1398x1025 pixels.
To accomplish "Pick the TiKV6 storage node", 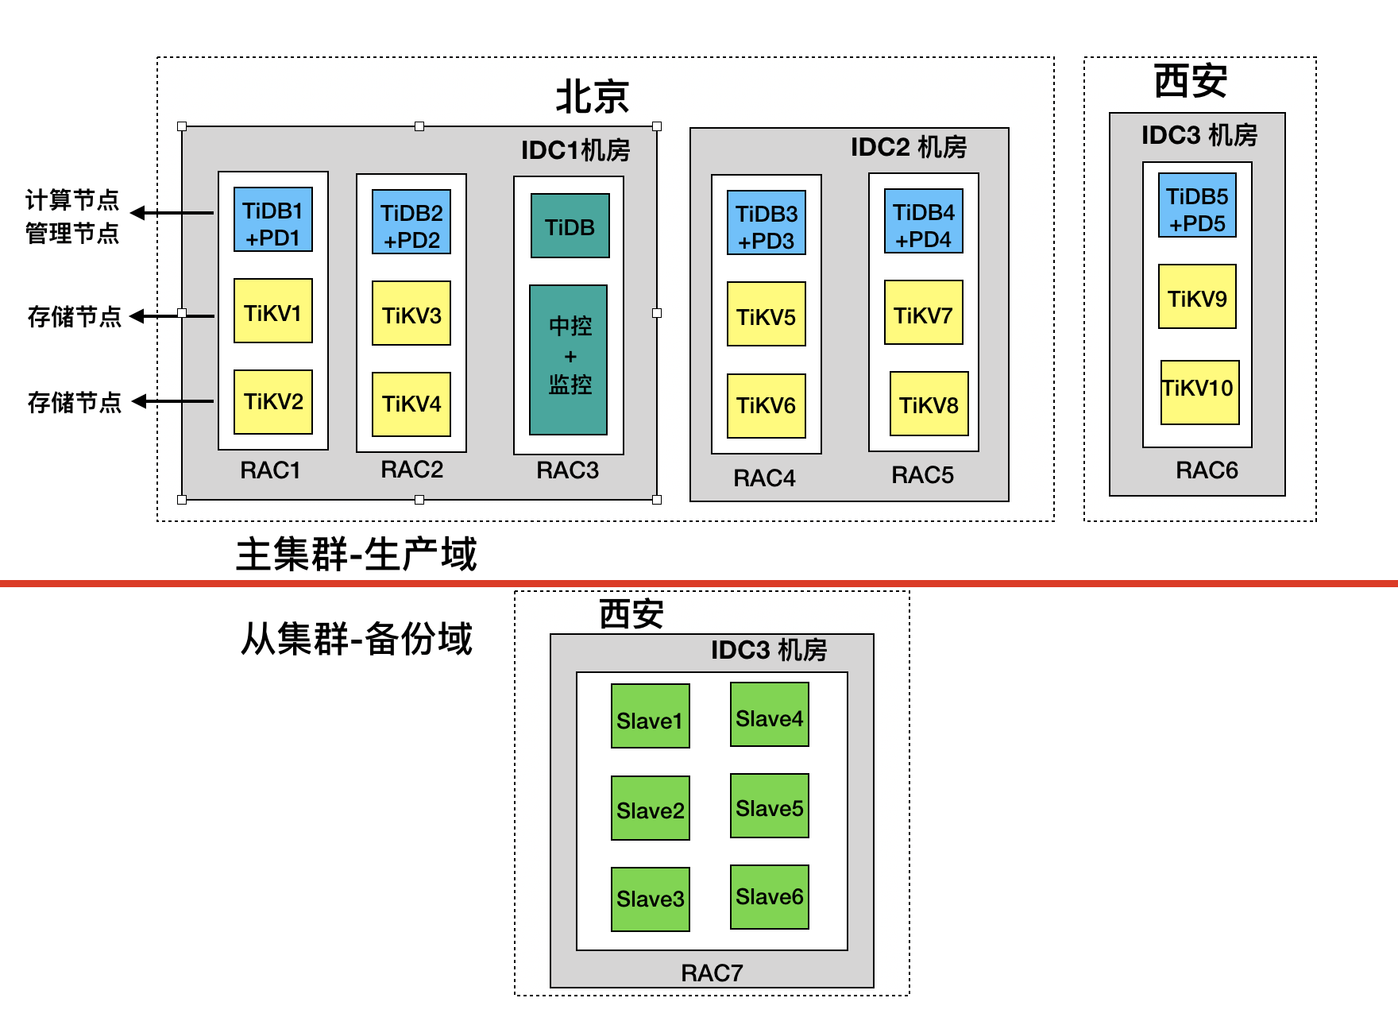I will [x=767, y=406].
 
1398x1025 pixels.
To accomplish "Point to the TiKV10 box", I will [x=1199, y=392].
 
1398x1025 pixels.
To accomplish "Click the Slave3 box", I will [x=651, y=899].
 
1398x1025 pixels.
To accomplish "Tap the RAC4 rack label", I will [x=764, y=478].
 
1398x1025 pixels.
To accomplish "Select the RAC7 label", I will [x=712, y=973].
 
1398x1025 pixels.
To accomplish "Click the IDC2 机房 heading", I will [x=909, y=147].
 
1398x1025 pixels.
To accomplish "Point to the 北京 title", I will [x=593, y=97].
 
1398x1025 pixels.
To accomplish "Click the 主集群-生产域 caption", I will [x=357, y=554].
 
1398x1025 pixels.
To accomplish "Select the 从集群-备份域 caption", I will [x=357, y=639].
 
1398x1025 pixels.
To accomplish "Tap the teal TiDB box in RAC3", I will [x=570, y=226].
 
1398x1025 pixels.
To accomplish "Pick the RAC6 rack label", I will [x=1207, y=470].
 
